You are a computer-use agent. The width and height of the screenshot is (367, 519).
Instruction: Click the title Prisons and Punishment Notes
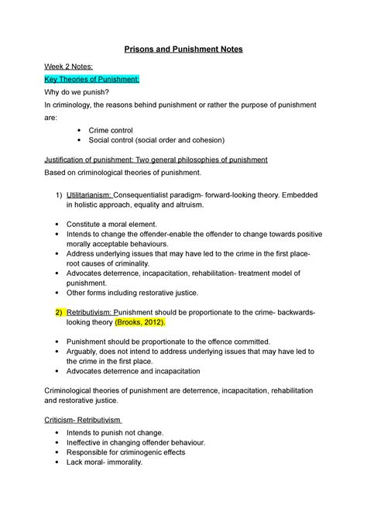click(183, 50)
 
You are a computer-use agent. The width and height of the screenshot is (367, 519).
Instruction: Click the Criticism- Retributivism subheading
click(87, 421)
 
